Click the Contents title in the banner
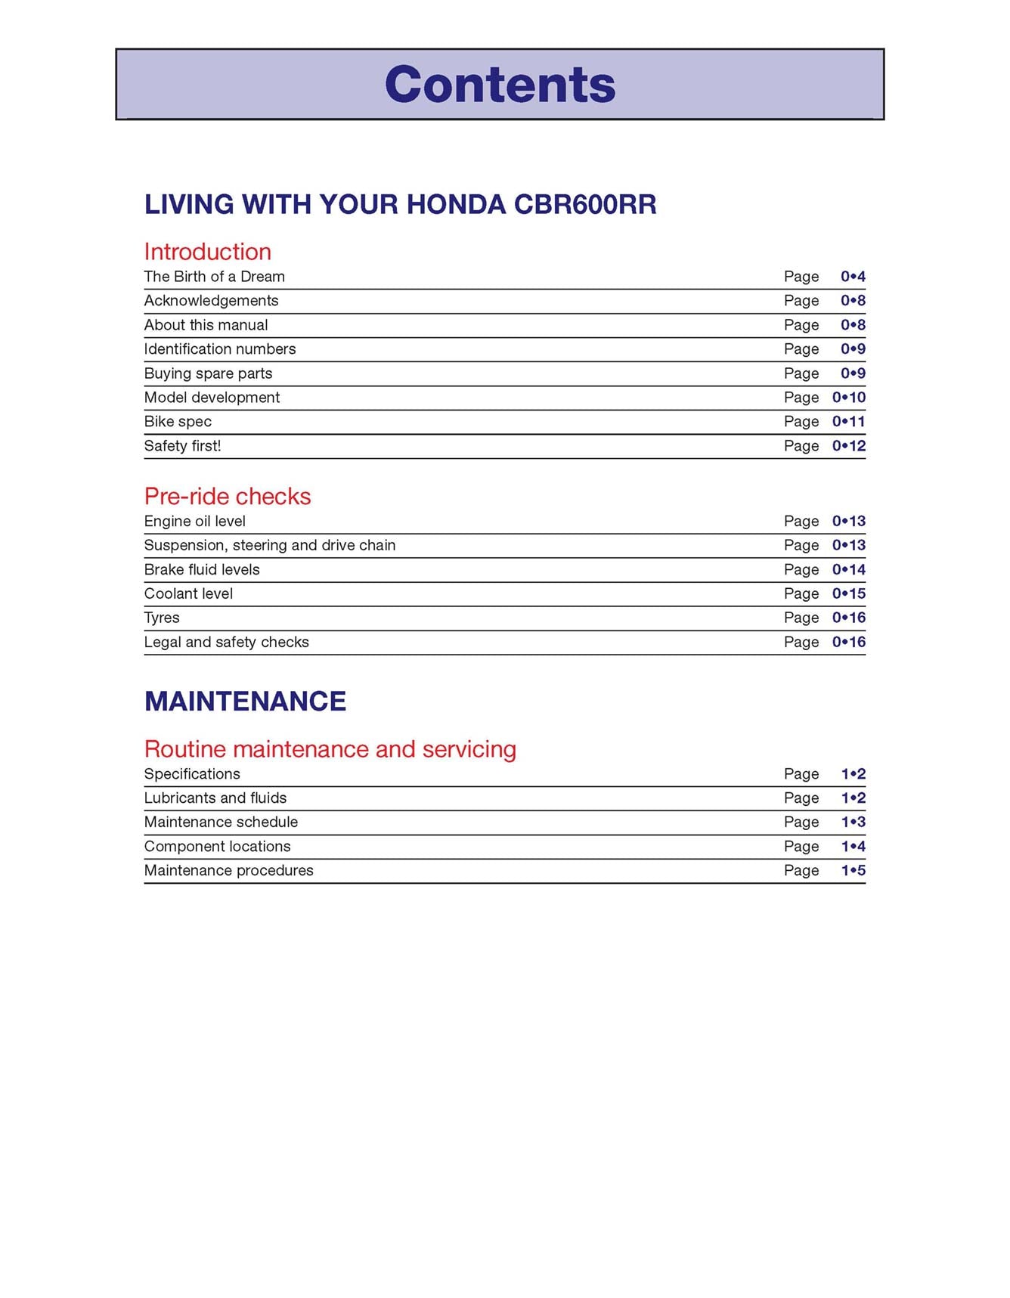coord(500,84)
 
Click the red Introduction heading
coord(207,252)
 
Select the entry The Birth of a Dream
coord(214,277)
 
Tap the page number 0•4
coord(853,277)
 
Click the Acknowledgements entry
coord(211,301)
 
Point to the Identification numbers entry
coord(219,349)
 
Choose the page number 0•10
coord(848,398)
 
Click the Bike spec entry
coord(178,422)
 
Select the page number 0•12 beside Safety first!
coord(848,446)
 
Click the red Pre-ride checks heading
coord(227,497)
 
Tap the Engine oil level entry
coord(194,522)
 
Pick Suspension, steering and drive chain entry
coord(269,546)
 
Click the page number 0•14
coord(848,570)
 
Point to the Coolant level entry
coord(188,594)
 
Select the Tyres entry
coord(162,618)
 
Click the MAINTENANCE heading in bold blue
coord(245,702)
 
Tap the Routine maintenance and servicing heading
coord(330,749)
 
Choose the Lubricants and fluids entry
coord(215,798)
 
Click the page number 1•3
coord(853,822)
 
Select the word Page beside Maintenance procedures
coord(801,871)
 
